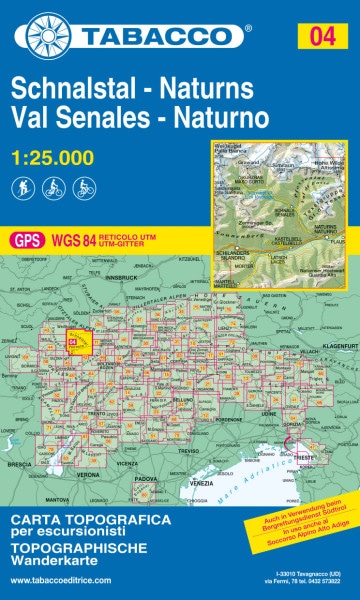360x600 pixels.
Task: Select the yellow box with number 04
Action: tap(322, 37)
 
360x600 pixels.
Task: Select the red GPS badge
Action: tap(26, 240)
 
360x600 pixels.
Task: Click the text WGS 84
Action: tap(68, 240)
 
